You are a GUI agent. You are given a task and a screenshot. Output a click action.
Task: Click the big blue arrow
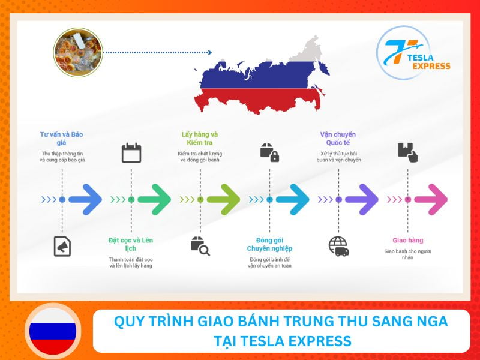coord(85,199)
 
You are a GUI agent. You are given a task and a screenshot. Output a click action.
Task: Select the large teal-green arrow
coord(154,199)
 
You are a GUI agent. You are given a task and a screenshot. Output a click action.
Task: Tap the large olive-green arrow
coord(223,199)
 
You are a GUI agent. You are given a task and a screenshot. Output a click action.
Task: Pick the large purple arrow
coord(362,199)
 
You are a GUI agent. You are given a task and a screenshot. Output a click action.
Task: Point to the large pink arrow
coord(431,199)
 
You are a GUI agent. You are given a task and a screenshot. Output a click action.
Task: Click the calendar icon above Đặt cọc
coord(131,153)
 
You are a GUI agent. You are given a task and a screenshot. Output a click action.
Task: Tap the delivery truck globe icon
coord(338,246)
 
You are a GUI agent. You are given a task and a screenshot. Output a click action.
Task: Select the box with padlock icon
coord(269,152)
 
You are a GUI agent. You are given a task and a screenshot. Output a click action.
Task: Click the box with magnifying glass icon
coord(200,246)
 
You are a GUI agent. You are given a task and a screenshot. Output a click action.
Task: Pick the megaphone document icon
coord(62,246)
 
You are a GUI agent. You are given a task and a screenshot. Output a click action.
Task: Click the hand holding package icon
coord(407,152)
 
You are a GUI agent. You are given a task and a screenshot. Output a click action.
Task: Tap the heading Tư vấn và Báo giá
coord(62,139)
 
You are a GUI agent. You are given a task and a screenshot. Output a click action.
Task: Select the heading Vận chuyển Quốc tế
coord(338,139)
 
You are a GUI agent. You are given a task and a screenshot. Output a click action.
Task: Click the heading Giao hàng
coord(407,240)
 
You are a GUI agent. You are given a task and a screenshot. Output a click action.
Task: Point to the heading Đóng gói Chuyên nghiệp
coord(269,244)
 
